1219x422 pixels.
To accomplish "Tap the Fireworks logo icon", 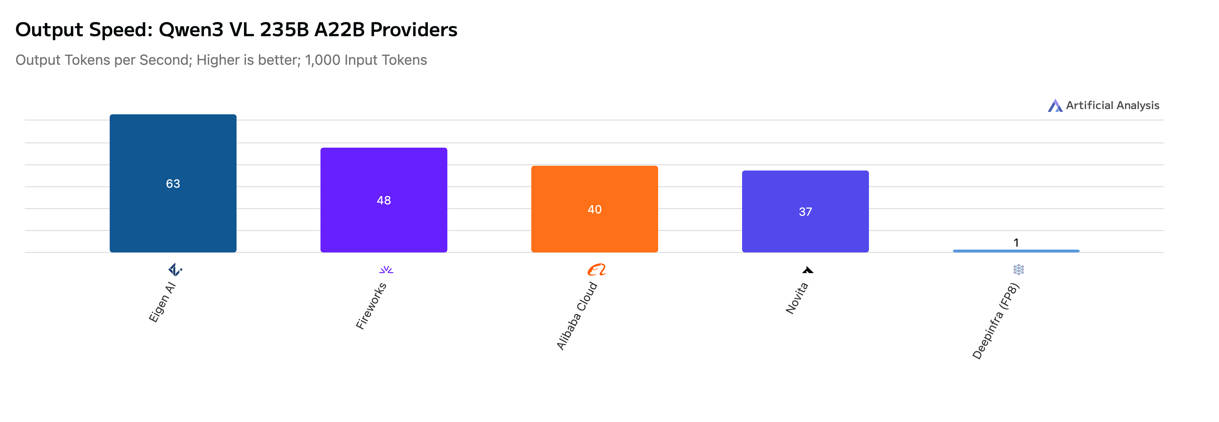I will pyautogui.click(x=386, y=270).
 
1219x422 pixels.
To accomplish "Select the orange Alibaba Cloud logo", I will pyautogui.click(x=597, y=270).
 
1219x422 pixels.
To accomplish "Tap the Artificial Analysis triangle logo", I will pyautogui.click(x=1055, y=106).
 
